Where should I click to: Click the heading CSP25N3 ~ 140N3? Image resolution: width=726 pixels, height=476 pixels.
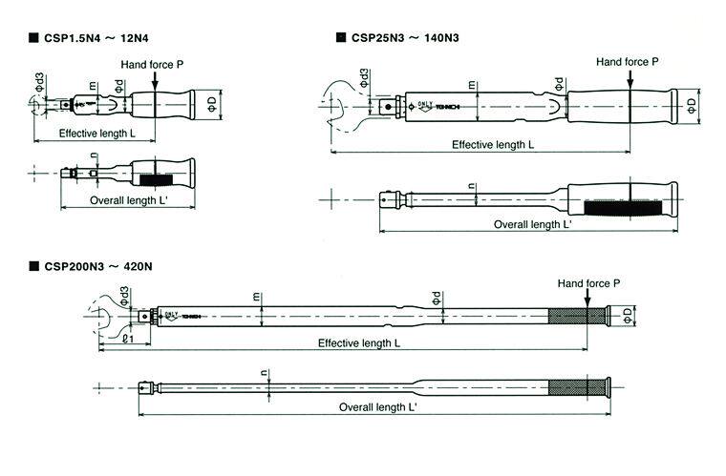click(x=405, y=37)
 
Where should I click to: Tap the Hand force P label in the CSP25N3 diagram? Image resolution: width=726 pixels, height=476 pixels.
click(x=628, y=62)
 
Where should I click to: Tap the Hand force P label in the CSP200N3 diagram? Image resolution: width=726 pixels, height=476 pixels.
click(x=589, y=284)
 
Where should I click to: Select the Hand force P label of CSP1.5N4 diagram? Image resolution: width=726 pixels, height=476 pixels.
click(x=152, y=64)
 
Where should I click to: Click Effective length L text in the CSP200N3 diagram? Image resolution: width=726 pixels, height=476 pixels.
click(x=358, y=342)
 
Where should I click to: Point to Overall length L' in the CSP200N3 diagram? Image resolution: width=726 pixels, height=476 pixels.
click(x=378, y=406)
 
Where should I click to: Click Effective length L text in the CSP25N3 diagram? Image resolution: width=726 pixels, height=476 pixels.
click(x=492, y=144)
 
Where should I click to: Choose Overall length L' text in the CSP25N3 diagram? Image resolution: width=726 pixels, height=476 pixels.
click(x=532, y=224)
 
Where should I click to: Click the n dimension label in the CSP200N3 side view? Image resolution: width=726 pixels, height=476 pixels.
click(x=263, y=374)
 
